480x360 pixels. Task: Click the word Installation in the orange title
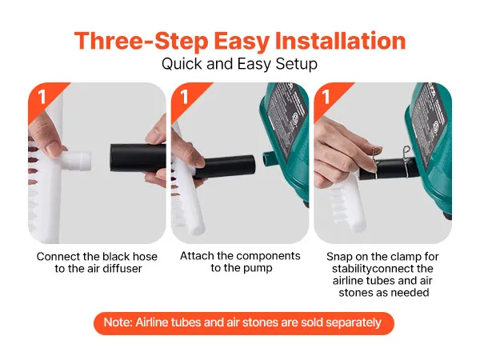coord(341,41)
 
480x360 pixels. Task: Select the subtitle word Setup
coord(296,64)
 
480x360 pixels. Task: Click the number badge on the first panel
coord(42,97)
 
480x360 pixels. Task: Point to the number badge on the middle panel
coord(184,97)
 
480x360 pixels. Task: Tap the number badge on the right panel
coord(326,97)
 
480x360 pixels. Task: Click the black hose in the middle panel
coord(224,167)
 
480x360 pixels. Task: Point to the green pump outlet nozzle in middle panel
coord(269,158)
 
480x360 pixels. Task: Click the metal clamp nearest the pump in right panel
coord(406,162)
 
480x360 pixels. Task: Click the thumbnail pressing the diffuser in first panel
coord(54,150)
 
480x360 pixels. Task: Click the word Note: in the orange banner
coord(118,322)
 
